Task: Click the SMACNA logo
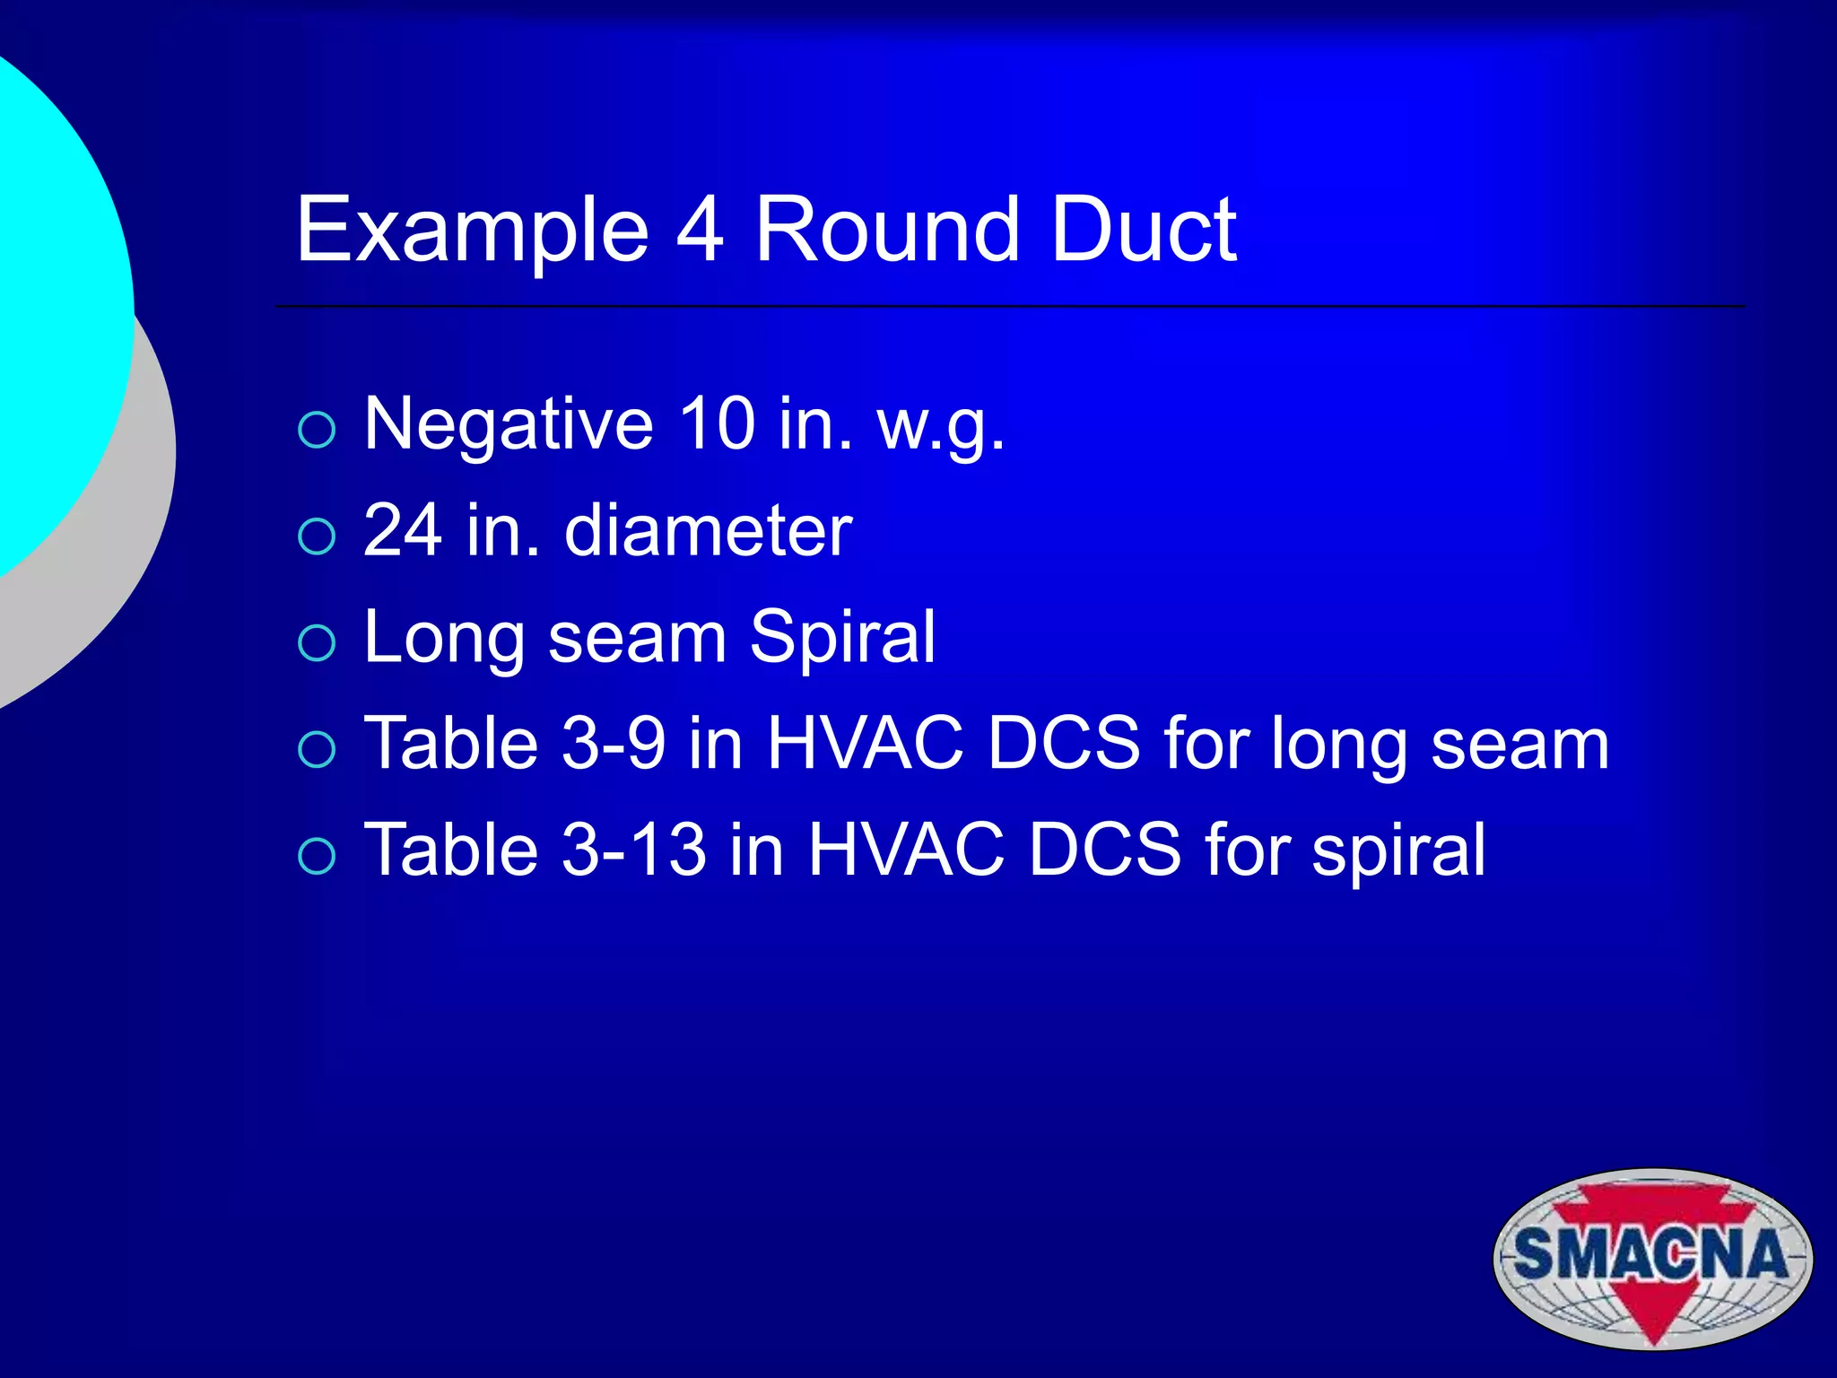1652,1258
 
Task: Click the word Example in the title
472,231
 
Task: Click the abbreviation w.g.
941,426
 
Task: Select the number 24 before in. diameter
403,530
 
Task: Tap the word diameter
708,530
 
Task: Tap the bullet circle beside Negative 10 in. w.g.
317,430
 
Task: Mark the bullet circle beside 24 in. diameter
317,536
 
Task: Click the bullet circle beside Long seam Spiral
317,642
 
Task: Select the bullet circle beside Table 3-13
317,855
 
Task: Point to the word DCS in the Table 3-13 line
1105,850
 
